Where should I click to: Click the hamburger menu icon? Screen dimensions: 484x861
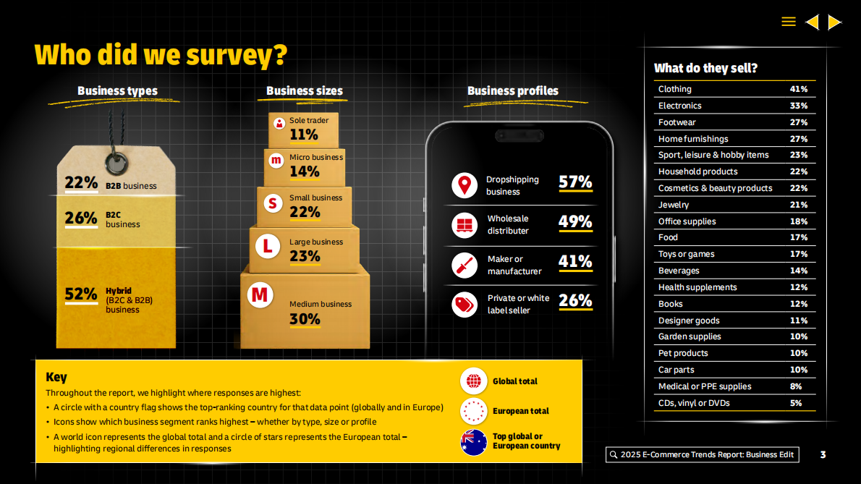789,22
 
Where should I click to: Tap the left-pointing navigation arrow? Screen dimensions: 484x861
812,22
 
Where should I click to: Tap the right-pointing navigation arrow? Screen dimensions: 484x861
834,22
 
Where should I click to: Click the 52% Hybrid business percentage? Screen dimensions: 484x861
80,294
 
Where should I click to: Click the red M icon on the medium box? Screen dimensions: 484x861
259,294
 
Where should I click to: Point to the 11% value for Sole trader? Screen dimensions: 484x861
304,135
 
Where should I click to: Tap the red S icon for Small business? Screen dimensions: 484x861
272,203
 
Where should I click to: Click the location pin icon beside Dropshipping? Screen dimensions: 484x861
465,185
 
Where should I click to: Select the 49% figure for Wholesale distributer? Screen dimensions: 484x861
575,221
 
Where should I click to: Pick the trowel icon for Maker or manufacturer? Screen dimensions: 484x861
465,266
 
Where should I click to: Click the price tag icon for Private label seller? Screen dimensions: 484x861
465,304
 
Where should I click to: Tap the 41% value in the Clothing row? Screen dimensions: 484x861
799,89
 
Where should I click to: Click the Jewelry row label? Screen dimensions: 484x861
674,205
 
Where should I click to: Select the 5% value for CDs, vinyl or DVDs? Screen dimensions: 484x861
796,403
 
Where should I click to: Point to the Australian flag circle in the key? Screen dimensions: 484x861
474,441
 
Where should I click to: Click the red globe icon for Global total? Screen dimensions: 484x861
474,381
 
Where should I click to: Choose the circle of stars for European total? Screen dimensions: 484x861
474,411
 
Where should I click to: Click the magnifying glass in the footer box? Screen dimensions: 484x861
614,455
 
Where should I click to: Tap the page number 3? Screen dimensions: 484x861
823,455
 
